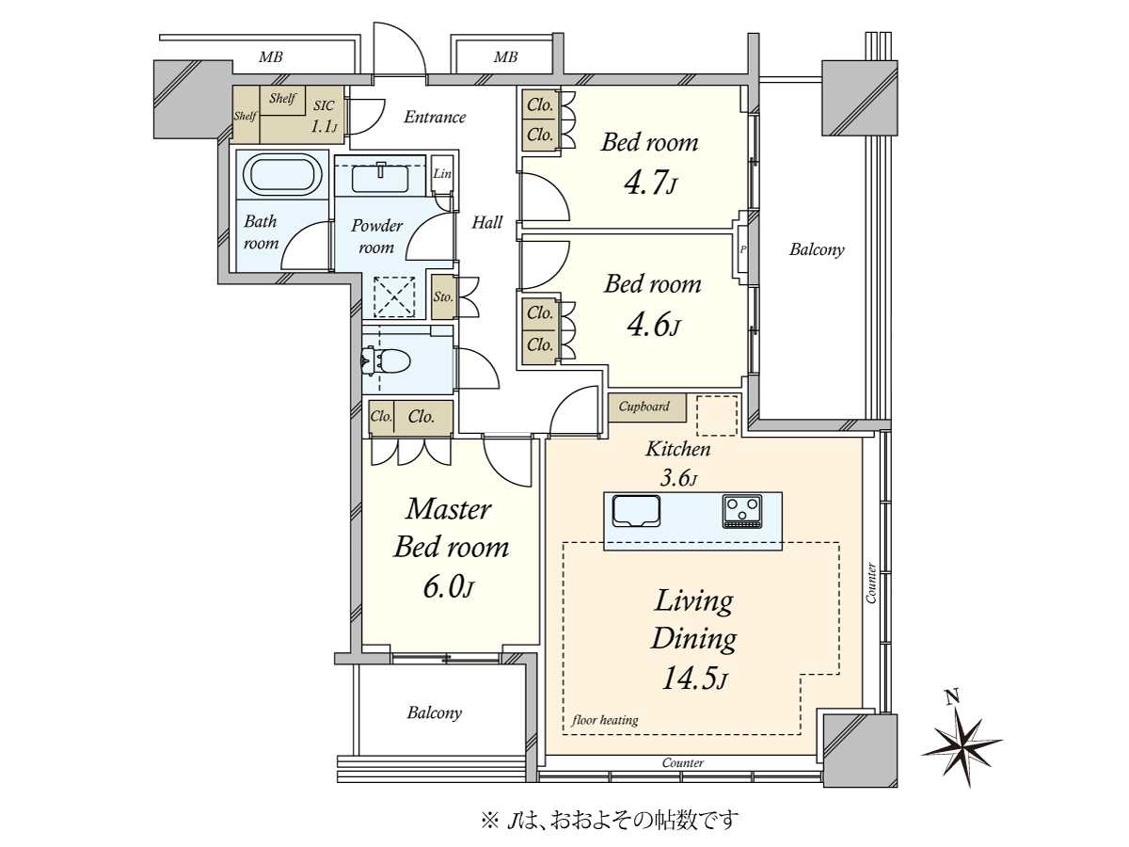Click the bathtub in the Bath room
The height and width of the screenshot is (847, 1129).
[281, 174]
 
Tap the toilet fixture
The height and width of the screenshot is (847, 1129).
[387, 361]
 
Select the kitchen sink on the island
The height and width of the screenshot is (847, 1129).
[636, 511]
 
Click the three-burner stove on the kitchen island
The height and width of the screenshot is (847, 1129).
[742, 511]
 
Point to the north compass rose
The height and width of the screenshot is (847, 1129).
[962, 743]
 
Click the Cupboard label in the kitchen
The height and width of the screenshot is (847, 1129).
[644, 407]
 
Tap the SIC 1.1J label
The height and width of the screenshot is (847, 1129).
[324, 116]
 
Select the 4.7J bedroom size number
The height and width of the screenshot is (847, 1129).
[650, 184]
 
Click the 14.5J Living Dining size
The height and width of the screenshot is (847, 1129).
[693, 678]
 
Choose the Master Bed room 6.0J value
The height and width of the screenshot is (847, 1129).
[448, 586]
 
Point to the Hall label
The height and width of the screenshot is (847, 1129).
[487, 222]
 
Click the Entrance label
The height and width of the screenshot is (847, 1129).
[435, 117]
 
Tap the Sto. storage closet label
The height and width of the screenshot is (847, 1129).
[443, 296]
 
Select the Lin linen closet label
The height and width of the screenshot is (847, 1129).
[442, 173]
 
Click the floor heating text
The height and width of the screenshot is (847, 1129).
[605, 720]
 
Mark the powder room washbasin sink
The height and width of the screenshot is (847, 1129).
[381, 179]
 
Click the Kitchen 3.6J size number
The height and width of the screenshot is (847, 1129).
[678, 478]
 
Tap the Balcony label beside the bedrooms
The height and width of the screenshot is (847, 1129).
[817, 249]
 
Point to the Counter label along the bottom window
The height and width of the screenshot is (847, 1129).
[682, 762]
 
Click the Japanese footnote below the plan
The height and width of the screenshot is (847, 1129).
[609, 820]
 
